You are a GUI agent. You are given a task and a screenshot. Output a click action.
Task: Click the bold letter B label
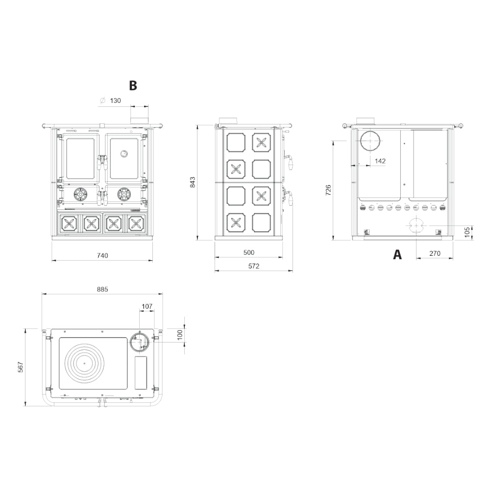click(133, 85)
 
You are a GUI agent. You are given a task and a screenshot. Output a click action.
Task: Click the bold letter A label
click(397, 254)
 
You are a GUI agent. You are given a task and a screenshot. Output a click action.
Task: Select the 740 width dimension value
click(102, 256)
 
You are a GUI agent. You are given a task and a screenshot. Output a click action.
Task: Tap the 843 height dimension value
click(193, 182)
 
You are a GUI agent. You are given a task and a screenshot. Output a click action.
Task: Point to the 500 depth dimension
click(249, 252)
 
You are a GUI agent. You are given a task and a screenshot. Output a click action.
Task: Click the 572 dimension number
click(254, 266)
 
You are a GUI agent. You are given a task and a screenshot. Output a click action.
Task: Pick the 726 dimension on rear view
click(328, 190)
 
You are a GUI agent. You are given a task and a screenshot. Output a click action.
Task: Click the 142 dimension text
click(380, 161)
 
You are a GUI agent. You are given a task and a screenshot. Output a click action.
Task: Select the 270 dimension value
click(435, 253)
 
